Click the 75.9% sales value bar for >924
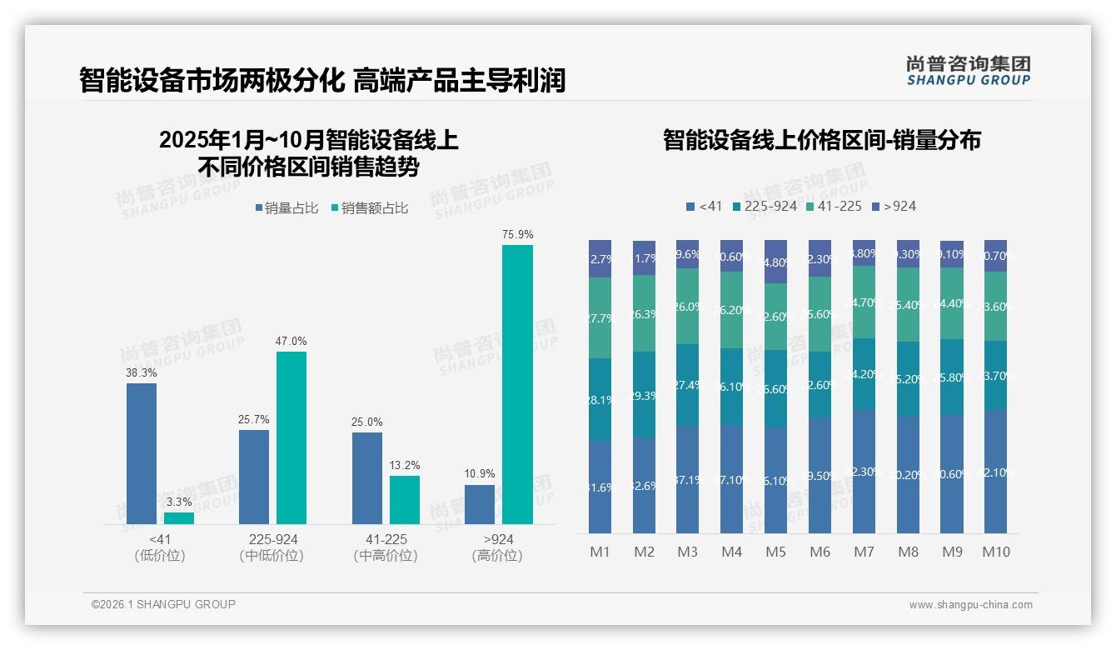click(517, 384)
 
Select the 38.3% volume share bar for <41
click(142, 453)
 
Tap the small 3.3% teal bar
click(179, 518)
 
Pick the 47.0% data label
click(291, 341)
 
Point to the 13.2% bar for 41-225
click(405, 499)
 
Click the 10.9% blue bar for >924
click(480, 504)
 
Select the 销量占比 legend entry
click(286, 208)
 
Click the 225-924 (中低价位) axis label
click(272, 547)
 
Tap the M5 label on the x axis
click(775, 552)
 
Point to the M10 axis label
click(995, 552)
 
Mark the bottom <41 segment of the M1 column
click(600, 487)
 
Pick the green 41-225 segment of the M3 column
click(687, 306)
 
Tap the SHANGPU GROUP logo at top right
click(968, 71)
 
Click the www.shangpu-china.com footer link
click(970, 605)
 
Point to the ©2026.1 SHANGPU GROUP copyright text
click(163, 604)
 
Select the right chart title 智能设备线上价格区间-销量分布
click(821, 140)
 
